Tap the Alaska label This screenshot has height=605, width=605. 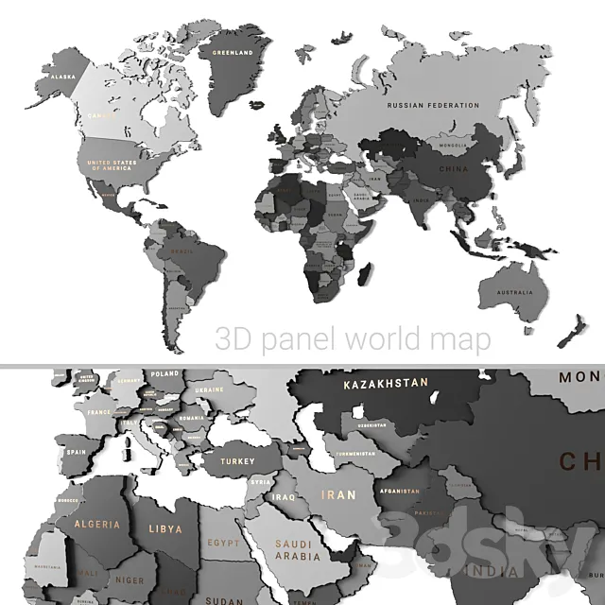62,77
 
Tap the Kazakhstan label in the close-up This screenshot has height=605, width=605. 386,384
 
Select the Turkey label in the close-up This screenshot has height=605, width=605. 237,462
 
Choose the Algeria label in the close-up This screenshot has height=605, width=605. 97,524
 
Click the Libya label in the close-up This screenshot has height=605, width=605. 165,529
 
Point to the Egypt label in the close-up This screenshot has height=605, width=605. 224,544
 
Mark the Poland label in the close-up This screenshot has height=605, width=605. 164,374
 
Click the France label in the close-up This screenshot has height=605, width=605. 99,413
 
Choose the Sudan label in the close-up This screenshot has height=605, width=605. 224,599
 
